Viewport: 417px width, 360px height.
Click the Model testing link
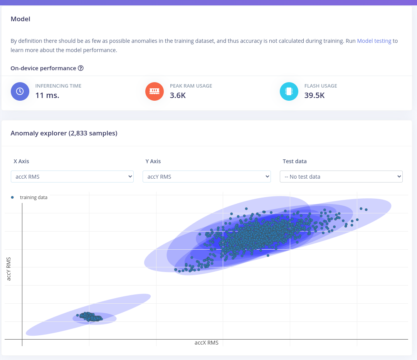374,41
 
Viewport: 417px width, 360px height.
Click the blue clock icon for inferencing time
20,91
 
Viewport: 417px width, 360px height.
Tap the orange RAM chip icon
155,91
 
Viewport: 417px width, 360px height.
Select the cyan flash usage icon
289,91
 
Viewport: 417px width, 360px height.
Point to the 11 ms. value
47,95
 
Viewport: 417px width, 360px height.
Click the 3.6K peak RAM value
178,95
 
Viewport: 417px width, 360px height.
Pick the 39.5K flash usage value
314,95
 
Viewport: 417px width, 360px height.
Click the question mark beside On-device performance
81,68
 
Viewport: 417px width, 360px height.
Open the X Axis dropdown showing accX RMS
72,177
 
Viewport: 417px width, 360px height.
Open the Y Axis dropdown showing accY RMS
207,177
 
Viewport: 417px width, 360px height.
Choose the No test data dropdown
341,177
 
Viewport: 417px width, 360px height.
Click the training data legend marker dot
12,197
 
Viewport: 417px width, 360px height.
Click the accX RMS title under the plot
207,343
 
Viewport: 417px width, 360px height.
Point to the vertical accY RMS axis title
9,269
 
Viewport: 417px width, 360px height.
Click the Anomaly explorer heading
64,133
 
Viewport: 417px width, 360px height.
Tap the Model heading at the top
20,19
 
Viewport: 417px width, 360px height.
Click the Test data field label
294,161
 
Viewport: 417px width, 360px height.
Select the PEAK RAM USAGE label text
191,86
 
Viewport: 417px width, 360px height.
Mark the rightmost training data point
366,210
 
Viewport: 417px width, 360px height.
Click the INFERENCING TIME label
58,86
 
